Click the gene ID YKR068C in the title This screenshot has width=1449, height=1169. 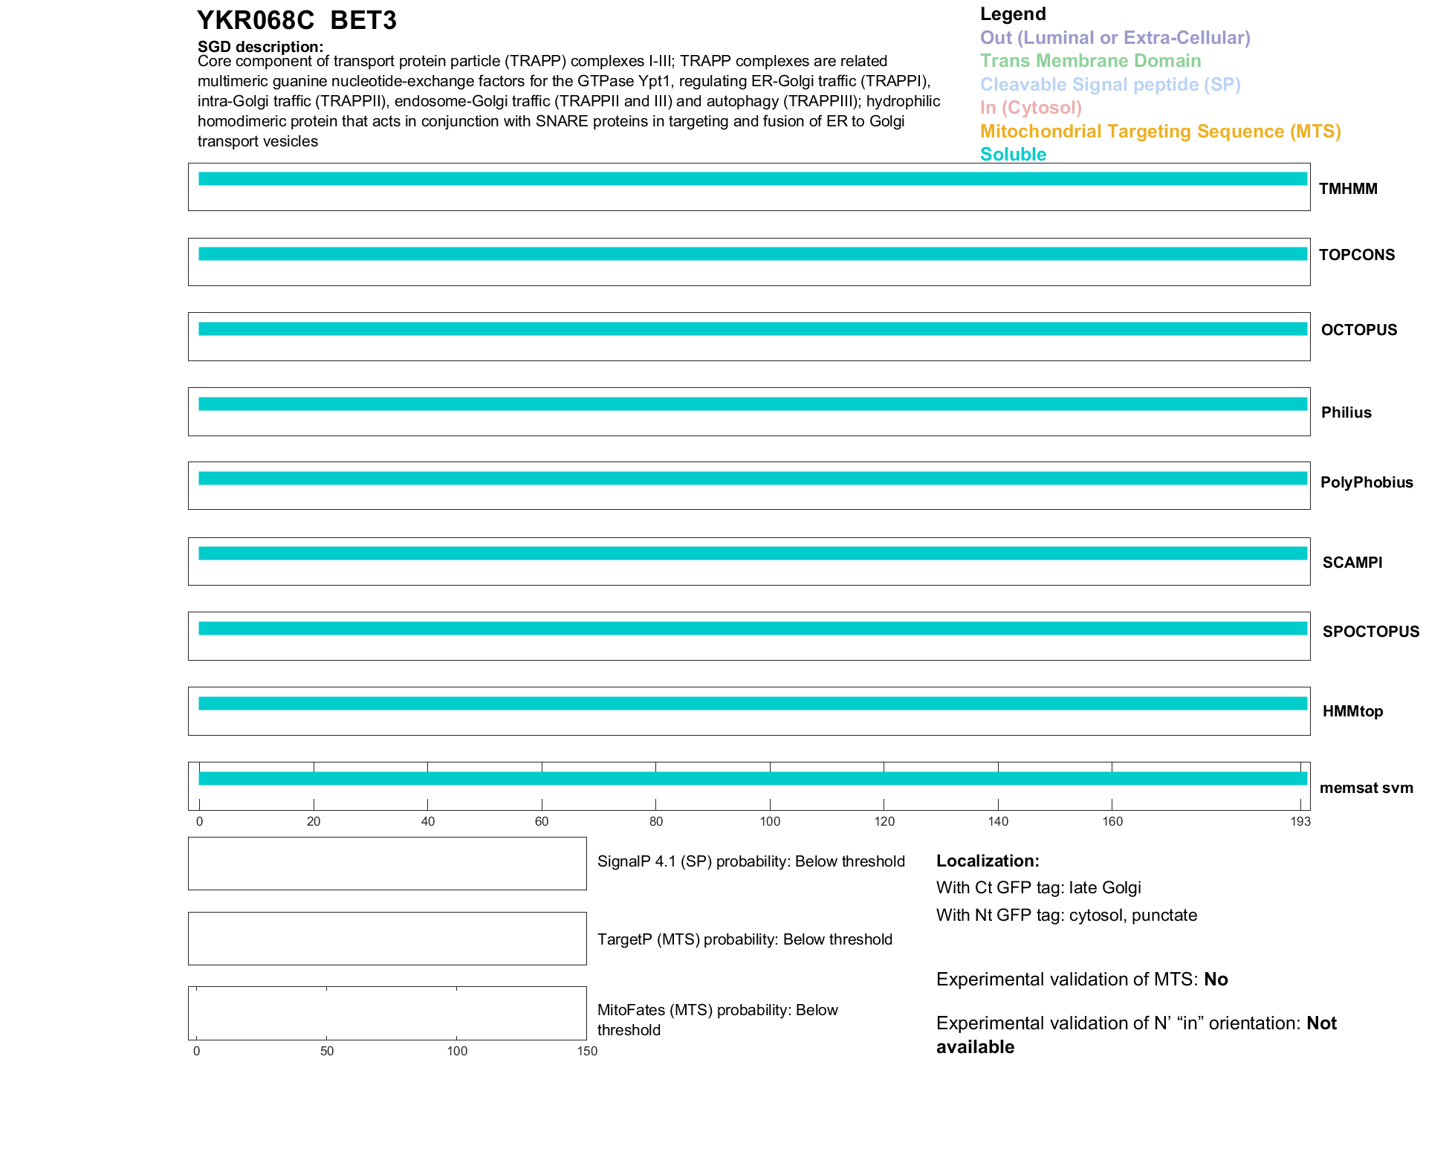[256, 21]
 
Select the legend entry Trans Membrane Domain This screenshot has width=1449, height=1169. [1090, 61]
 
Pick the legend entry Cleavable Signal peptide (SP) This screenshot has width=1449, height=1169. [1110, 85]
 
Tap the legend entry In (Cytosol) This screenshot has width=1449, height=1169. [1031, 108]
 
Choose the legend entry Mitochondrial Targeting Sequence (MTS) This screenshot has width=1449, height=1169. [1160, 132]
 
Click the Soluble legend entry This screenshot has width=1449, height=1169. [1013, 155]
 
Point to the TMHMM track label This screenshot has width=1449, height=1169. [1348, 189]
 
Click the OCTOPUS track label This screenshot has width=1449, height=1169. [1358, 330]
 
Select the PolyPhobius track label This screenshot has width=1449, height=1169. [1366, 482]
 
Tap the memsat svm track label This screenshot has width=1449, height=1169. [1366, 788]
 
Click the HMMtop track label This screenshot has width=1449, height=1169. [1352, 711]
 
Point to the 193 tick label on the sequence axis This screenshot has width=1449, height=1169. [1300, 821]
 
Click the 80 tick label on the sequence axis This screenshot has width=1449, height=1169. [655, 821]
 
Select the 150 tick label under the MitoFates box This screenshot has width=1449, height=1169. [587, 1051]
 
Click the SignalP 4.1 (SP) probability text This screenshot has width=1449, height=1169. [751, 861]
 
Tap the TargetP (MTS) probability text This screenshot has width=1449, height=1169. [745, 939]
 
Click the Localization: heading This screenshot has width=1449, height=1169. [988, 861]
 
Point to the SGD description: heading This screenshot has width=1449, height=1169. [260, 47]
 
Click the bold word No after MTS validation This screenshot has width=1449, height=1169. [1216, 979]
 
